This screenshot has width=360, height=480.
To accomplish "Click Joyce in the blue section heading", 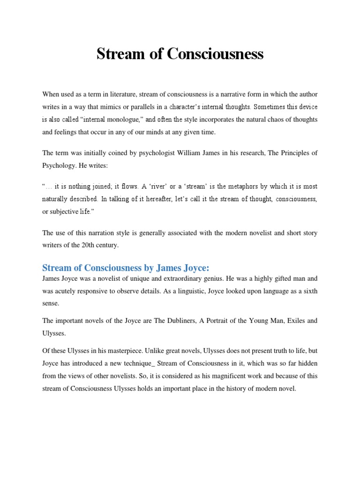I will (x=192, y=268).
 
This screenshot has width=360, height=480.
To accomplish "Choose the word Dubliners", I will (x=172, y=321).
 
